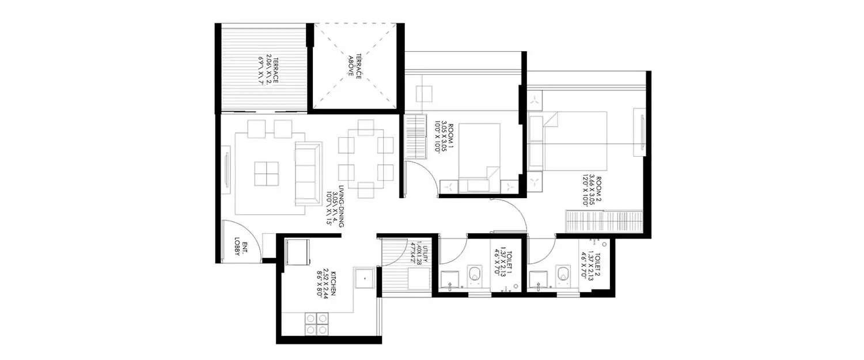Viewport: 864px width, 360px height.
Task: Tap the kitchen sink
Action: point(365,278)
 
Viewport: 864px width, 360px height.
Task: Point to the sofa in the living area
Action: point(308,173)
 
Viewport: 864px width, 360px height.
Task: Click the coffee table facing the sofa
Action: point(267,173)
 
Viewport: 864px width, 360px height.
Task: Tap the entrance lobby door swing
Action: point(242,240)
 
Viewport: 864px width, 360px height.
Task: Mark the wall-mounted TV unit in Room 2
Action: point(640,131)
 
